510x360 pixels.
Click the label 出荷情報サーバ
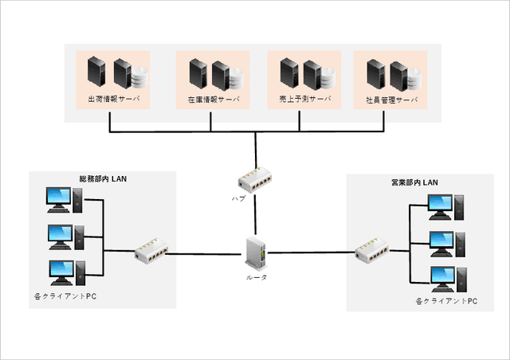pyautogui.click(x=113, y=102)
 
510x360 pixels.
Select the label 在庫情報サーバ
pyautogui.click(x=213, y=102)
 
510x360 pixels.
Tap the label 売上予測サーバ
pyautogui.click(x=305, y=102)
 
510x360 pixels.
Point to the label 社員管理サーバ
pyautogui.click(x=391, y=102)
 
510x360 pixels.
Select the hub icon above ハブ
pyautogui.click(x=256, y=179)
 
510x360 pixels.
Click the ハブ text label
pyautogui.click(x=238, y=197)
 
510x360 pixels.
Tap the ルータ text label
pyautogui.click(x=256, y=277)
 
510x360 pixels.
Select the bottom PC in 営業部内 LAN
pyautogui.click(x=442, y=280)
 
